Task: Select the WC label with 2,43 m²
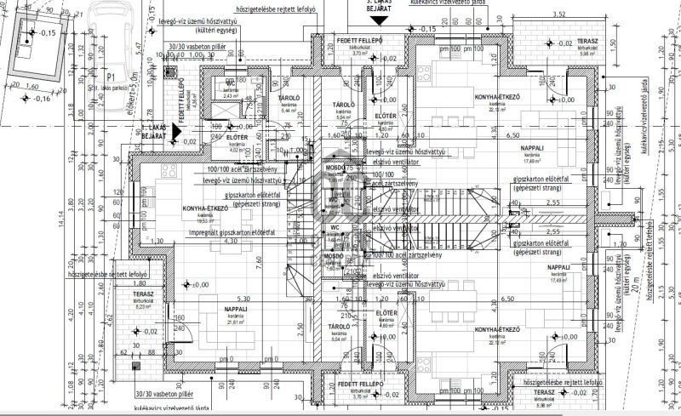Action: click(x=230, y=88)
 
